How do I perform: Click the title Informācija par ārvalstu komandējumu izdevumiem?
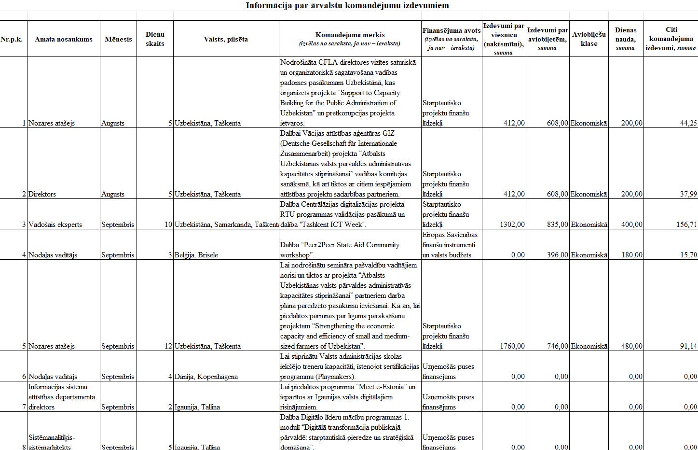tap(347, 6)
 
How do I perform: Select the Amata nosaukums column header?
tap(64, 39)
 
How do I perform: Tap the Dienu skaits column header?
tap(155, 39)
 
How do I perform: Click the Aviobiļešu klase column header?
tap(589, 39)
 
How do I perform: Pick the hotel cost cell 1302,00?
tap(512, 225)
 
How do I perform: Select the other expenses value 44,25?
tap(688, 123)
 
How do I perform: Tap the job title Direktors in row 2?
tap(42, 194)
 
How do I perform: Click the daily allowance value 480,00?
tap(631, 346)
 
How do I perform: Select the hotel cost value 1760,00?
tap(512, 346)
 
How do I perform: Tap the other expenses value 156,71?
tap(686, 225)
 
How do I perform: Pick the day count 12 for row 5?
tap(168, 346)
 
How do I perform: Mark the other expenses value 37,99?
tap(688, 194)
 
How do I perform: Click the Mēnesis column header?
tap(118, 39)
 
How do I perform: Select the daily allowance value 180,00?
tap(631, 255)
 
